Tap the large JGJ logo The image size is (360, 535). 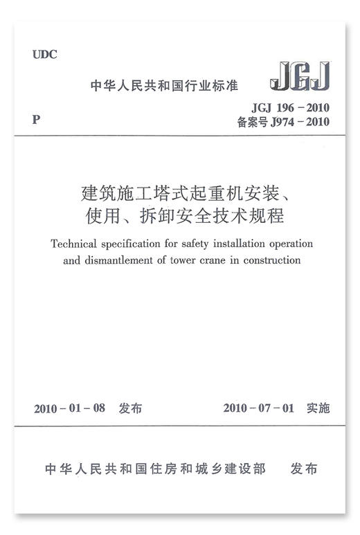(299, 77)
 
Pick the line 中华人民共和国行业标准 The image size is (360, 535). (164, 87)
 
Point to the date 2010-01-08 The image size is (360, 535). (69, 408)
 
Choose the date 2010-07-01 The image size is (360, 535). (259, 408)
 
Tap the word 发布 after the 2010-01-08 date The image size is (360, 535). (130, 408)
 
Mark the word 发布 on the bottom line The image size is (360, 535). (304, 469)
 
